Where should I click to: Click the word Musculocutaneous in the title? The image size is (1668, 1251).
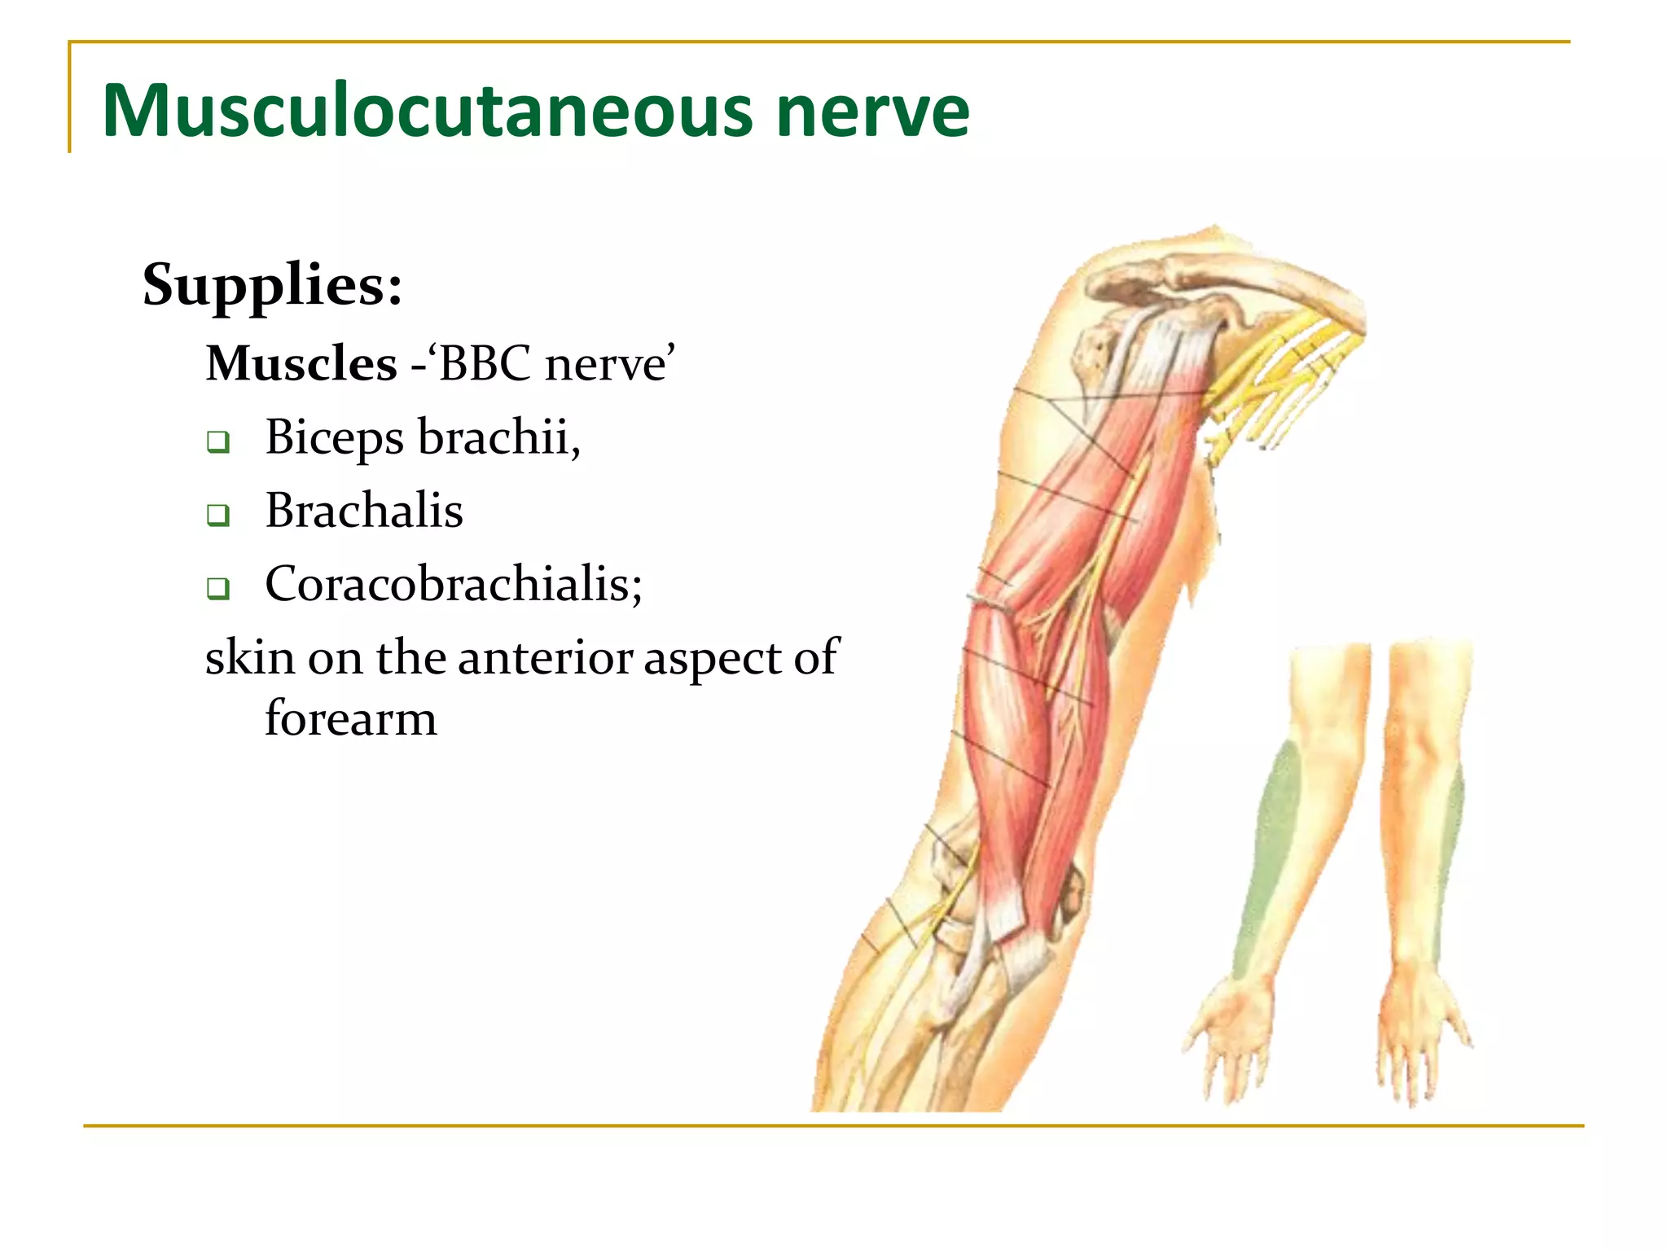coord(428,111)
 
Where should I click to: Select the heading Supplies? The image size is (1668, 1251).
coord(272,285)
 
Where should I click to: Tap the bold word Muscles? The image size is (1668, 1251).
coord(301,363)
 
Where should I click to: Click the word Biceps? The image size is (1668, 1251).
coord(334,438)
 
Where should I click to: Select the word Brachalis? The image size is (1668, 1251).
coord(364,511)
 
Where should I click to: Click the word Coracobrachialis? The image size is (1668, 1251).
coord(452,585)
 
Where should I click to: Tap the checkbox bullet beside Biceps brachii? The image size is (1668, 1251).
coord(217,442)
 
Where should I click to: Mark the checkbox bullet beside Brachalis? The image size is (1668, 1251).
coord(217,516)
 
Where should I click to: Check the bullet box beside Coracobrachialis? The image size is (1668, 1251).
coord(217,588)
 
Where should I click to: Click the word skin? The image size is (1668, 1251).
coord(249,657)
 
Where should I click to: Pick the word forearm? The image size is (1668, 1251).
coord(350,718)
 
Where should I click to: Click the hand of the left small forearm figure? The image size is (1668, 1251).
coord(1230,1034)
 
